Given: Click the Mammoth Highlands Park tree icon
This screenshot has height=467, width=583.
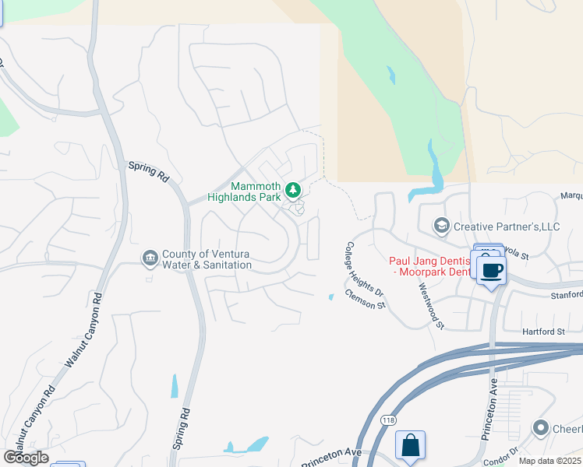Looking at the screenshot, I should pyautogui.click(x=293, y=189).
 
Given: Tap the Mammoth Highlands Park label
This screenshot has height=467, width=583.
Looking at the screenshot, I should pyautogui.click(x=244, y=191).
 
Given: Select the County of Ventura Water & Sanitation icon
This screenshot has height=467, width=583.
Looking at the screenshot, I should pyautogui.click(x=150, y=258).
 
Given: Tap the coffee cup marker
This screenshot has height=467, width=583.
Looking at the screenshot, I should pyautogui.click(x=491, y=272).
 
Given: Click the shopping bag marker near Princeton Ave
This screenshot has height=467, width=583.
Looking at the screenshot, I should pyautogui.click(x=410, y=447).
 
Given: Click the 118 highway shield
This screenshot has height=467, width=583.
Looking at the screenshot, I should pyautogui.click(x=388, y=420).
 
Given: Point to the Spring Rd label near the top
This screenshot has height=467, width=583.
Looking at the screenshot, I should pyautogui.click(x=148, y=171).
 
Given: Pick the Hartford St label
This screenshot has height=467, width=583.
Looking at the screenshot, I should pyautogui.click(x=544, y=332).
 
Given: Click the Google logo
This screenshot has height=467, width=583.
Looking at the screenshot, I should pyautogui.click(x=26, y=458).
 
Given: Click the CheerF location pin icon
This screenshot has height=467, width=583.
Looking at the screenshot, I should pyautogui.click(x=541, y=428).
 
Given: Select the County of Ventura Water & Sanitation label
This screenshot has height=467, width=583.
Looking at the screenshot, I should pyautogui.click(x=207, y=259).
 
